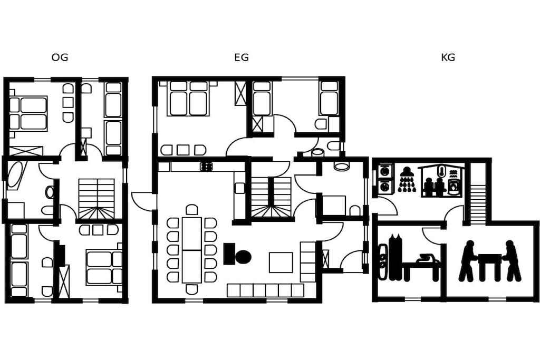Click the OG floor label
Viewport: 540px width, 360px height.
[x=60, y=57]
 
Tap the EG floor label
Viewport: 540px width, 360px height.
[x=241, y=57]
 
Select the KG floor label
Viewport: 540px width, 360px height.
[x=448, y=57]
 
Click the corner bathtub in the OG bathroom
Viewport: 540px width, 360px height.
[x=15, y=175]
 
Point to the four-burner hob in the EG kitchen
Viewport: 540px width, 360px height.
[x=206, y=167]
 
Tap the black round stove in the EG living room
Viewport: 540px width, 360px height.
[x=243, y=256]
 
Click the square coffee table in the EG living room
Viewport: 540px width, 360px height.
[x=281, y=262]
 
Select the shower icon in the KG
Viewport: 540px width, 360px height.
[x=407, y=179]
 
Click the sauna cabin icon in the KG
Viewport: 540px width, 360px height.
[x=440, y=181]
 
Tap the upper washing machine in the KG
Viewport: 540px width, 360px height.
[x=384, y=171]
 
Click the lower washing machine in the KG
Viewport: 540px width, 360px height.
[x=384, y=186]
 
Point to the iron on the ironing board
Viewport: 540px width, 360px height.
[x=427, y=258]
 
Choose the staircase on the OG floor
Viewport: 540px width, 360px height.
[x=97, y=199]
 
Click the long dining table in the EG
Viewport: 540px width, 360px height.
[x=191, y=249]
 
